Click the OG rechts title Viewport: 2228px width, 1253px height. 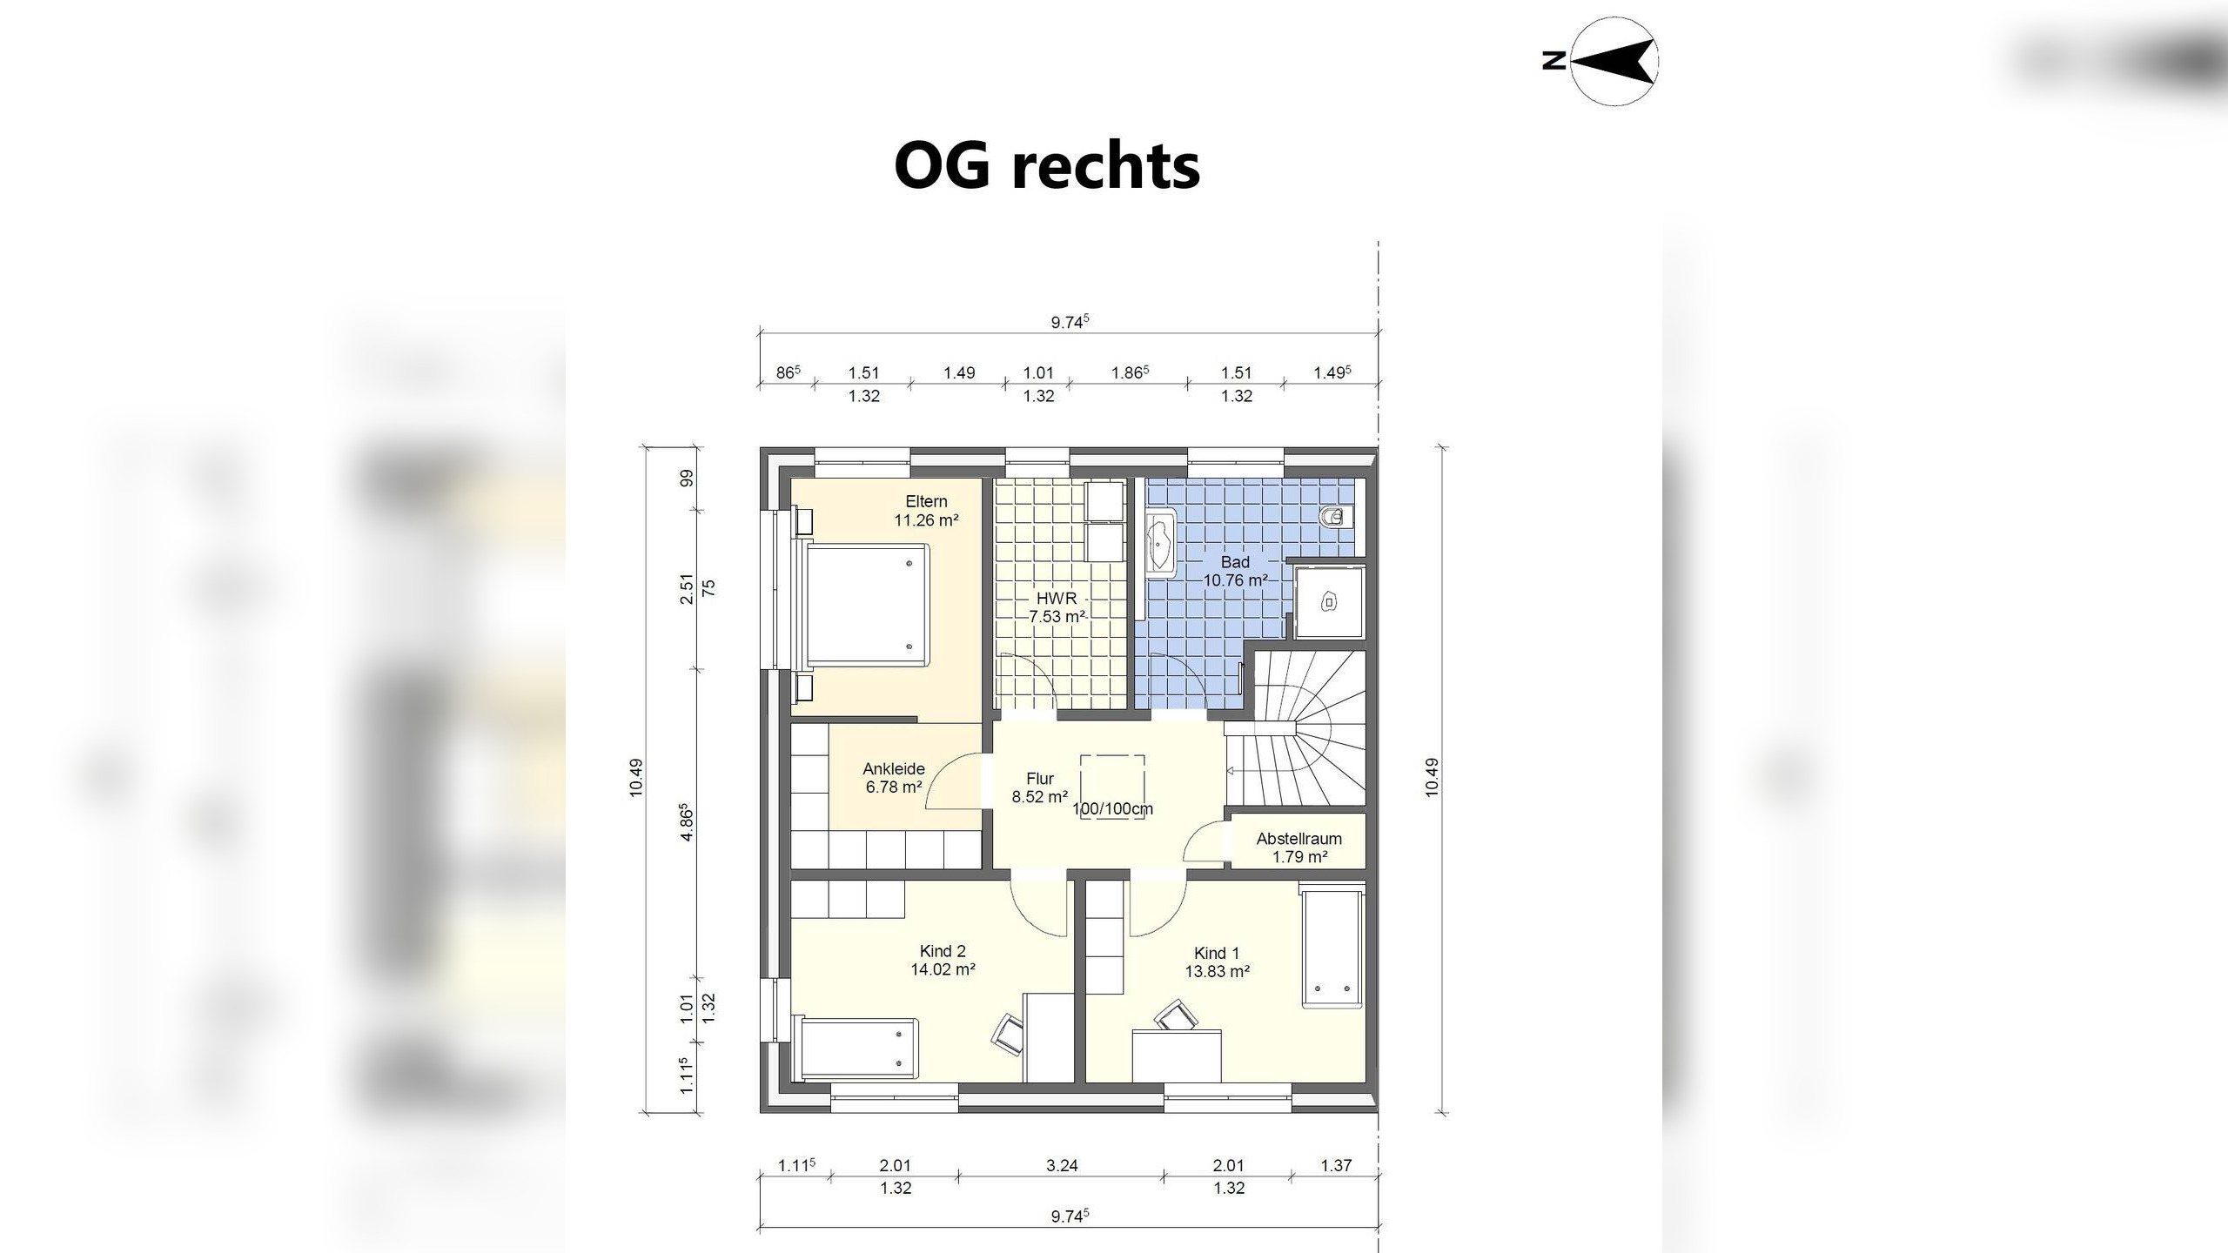[x=1047, y=165]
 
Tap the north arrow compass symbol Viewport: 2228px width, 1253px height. [x=1614, y=61]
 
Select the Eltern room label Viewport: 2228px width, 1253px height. [x=926, y=502]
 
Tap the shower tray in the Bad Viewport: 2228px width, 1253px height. [x=1329, y=602]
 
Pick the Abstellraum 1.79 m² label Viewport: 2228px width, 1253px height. [x=1299, y=848]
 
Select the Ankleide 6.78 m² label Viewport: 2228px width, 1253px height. [x=894, y=778]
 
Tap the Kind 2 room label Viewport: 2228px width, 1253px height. [x=943, y=951]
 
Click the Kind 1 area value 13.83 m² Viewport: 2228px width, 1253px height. [x=1217, y=972]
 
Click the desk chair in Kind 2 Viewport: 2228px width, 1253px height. [x=1009, y=1034]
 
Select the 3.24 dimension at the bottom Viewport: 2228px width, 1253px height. [x=1062, y=1165]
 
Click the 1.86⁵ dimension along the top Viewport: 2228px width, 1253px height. [x=1129, y=372]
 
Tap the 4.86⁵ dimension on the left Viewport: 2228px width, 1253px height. [x=687, y=821]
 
